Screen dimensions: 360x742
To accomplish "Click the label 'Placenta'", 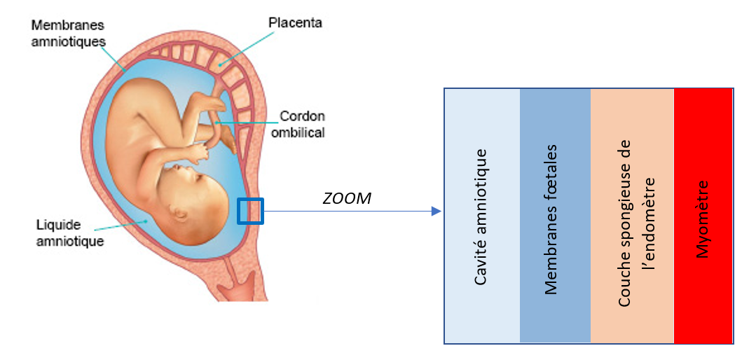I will [295, 23].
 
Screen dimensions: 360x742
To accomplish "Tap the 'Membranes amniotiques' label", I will [68, 34].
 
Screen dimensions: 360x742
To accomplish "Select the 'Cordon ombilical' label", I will [302, 123].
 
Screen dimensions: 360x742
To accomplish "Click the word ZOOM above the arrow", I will [347, 199].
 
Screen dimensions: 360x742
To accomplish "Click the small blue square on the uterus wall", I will [250, 211].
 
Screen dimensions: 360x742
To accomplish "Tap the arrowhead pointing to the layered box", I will [437, 211].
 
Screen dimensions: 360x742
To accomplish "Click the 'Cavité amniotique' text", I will [481, 216].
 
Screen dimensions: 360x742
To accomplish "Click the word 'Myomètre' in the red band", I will [703, 219].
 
